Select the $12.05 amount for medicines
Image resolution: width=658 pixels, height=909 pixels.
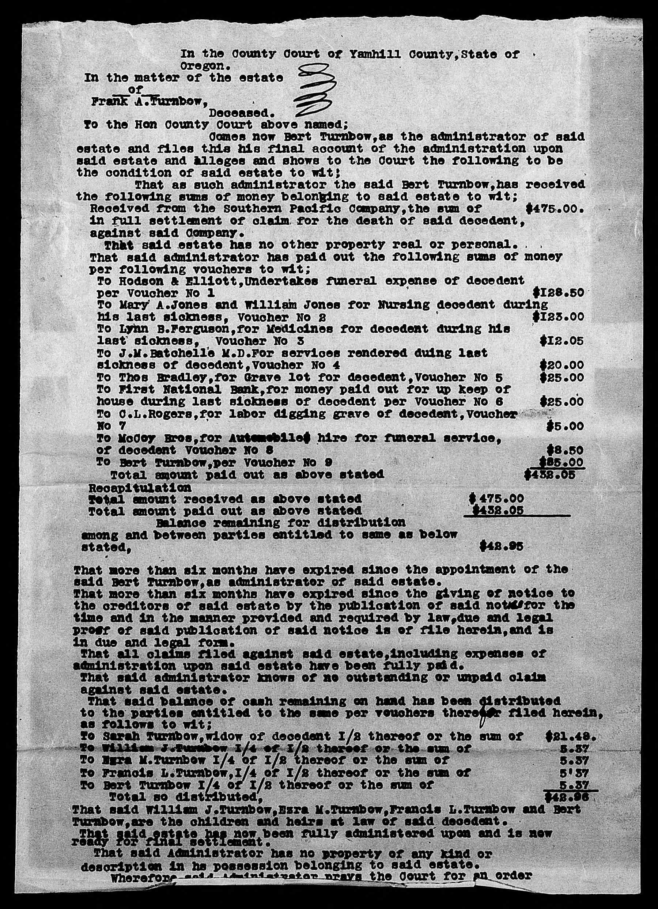pos(561,341)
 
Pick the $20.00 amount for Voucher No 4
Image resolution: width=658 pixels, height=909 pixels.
pos(561,365)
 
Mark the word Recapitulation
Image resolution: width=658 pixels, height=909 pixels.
pos(140,488)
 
